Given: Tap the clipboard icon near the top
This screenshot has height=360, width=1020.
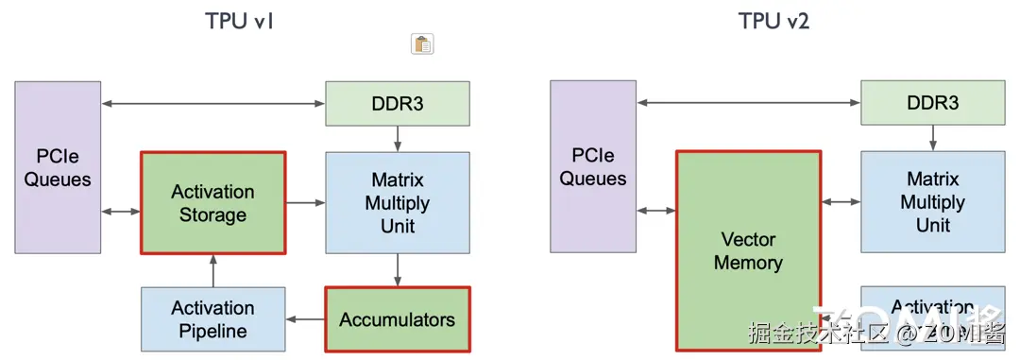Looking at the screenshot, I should (422, 43).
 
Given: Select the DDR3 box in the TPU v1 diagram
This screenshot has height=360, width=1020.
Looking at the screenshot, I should (397, 103).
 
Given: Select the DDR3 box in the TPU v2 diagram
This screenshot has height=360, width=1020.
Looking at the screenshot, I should (932, 103).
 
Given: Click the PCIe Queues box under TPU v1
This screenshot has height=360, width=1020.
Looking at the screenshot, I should (57, 167).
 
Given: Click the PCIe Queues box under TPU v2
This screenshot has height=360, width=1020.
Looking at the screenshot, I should (592, 167).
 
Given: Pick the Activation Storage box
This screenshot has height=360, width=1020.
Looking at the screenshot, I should (212, 203).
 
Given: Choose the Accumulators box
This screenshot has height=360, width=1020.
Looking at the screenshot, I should (397, 319).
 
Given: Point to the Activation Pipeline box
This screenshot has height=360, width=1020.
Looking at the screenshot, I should (212, 319).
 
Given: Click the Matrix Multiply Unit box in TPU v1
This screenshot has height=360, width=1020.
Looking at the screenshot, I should (397, 202).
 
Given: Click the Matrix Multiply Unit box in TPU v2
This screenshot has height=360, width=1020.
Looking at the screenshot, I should (932, 202).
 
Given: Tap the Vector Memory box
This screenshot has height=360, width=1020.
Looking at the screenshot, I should (748, 250).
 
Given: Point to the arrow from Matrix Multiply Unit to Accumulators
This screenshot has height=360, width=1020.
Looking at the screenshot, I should (398, 270).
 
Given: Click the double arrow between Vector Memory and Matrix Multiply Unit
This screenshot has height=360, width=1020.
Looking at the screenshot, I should (841, 202).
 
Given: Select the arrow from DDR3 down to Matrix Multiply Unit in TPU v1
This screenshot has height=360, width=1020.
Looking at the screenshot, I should (398, 138).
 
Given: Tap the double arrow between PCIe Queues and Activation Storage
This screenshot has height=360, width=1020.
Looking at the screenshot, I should (121, 212).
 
